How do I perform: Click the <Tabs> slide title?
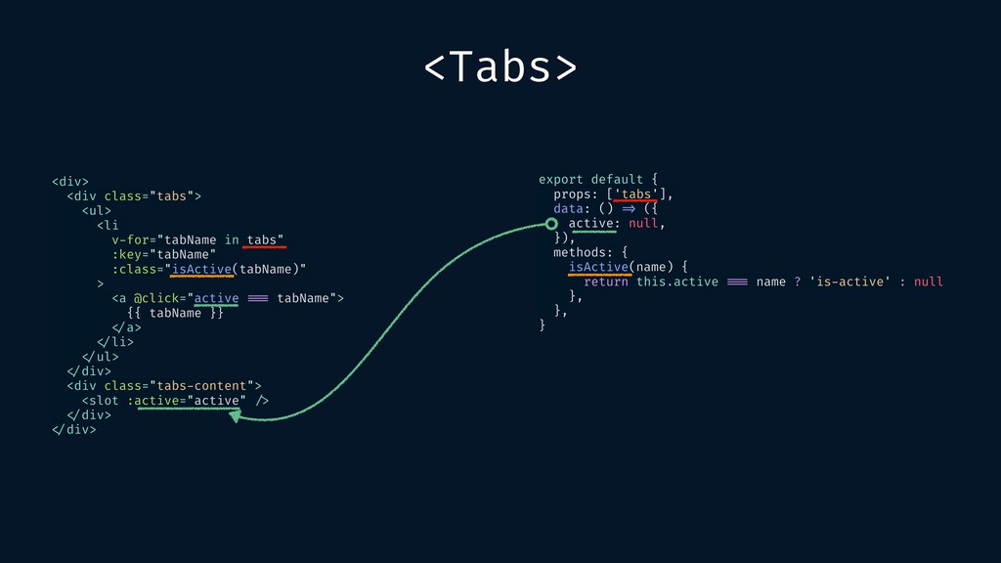(x=500, y=66)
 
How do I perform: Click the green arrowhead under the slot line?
(x=235, y=415)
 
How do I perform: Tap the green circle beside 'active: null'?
(x=551, y=224)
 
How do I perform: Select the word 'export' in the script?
(x=560, y=179)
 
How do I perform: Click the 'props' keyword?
(x=572, y=194)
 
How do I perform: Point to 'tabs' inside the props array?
(x=635, y=194)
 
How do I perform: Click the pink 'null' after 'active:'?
(x=642, y=223)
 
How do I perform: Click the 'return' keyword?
(x=605, y=281)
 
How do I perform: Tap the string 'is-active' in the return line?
(x=849, y=281)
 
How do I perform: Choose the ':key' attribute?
(x=131, y=254)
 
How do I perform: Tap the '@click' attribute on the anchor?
(x=156, y=297)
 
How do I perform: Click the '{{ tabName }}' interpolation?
(x=175, y=312)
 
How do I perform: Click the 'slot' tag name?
(x=104, y=400)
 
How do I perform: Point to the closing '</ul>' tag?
(x=97, y=356)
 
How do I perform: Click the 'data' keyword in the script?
(x=567, y=208)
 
